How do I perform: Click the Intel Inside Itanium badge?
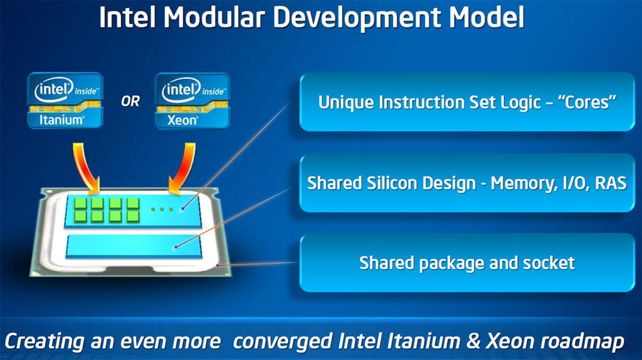pos(65,100)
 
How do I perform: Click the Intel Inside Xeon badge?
pos(192,101)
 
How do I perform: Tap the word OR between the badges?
pos(130,101)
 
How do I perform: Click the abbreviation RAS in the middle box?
pos(611,183)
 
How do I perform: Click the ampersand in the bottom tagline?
pos(473,341)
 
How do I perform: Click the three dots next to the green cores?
pos(162,209)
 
